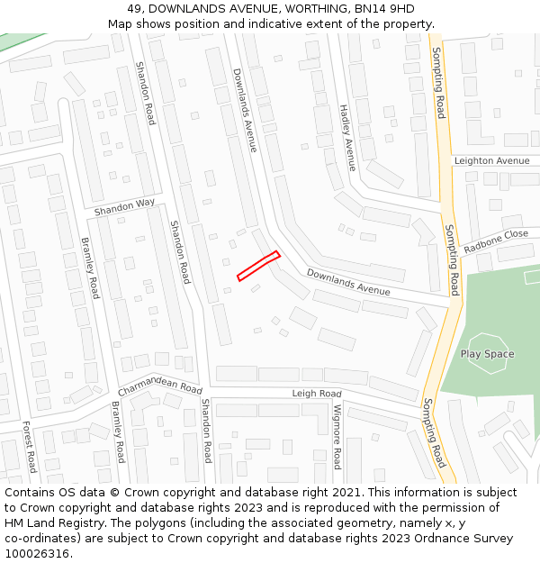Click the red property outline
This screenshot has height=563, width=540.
pos(258,266)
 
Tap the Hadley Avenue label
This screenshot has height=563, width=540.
pos(347,135)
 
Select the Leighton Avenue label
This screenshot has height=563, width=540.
pos(491,160)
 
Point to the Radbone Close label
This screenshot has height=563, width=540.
pos(496,241)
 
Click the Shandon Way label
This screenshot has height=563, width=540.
pos(124,208)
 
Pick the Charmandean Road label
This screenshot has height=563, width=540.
pos(160,386)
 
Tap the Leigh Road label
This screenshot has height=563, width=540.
pos(317,394)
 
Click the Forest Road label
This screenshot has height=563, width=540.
pos(28,447)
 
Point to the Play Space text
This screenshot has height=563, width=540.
pos(488,354)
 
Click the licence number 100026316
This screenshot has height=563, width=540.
pos(38,554)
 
